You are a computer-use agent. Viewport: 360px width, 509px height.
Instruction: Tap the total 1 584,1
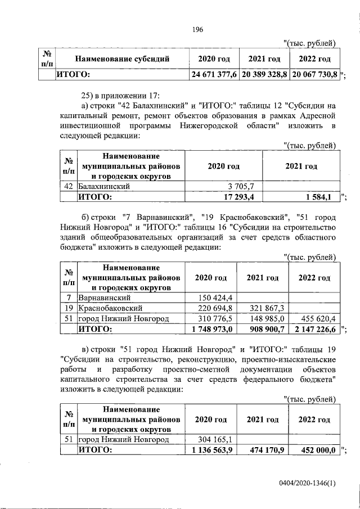coord(321,197)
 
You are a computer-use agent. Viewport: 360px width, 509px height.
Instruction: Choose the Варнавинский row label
coord(105,298)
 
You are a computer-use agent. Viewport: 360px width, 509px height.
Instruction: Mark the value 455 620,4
coord(318,319)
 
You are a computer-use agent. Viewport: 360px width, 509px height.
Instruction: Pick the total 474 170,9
coord(267,451)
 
